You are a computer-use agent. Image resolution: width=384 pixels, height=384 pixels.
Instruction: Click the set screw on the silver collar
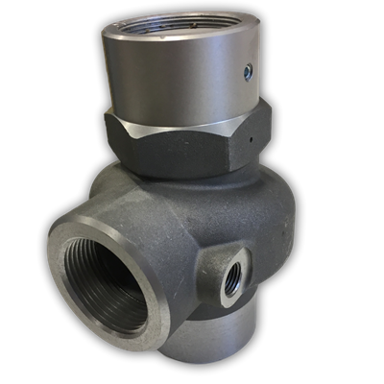249,69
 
